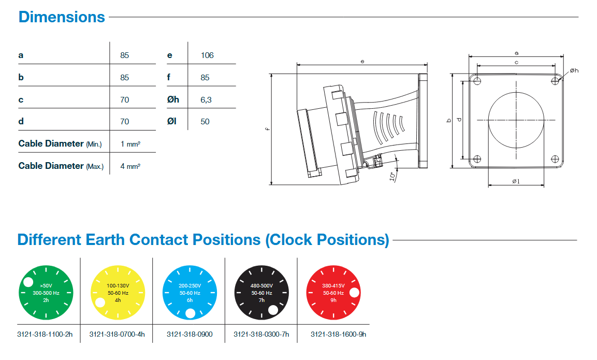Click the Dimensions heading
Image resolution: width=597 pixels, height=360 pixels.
(x=62, y=17)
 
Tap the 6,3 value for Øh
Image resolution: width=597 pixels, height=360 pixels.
(x=206, y=99)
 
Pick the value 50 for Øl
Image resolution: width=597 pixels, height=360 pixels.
(x=205, y=122)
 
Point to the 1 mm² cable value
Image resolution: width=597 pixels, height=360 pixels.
(x=130, y=144)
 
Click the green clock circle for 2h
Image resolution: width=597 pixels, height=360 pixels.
(x=46, y=293)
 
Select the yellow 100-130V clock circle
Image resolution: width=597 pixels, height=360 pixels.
(x=118, y=293)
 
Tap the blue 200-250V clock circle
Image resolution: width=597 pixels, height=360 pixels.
(x=190, y=293)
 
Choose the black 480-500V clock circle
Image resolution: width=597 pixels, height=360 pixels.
(x=261, y=293)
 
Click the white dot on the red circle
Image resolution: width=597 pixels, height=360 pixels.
(x=355, y=292)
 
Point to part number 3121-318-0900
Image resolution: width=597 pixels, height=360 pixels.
(x=190, y=335)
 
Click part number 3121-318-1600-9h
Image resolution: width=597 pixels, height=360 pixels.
(x=338, y=335)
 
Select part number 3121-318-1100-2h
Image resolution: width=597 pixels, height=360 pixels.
(x=45, y=335)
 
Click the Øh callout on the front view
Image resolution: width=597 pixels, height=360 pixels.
(x=574, y=70)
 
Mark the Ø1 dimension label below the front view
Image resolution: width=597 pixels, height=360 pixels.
(x=516, y=181)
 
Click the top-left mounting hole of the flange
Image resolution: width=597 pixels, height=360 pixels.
(x=477, y=81)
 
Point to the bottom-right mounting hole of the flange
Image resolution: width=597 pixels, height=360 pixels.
(x=555, y=159)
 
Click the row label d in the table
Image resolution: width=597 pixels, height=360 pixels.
(x=21, y=122)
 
